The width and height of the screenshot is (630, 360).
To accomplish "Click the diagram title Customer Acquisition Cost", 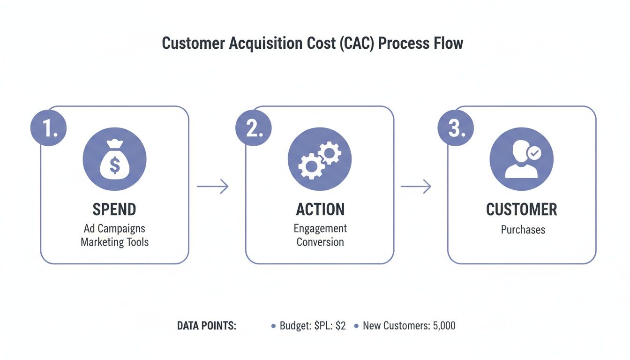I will pyautogui.click(x=312, y=43).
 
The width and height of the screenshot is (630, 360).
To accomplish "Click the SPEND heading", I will pyautogui.click(x=114, y=209).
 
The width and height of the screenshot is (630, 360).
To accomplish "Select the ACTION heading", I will pyautogui.click(x=320, y=209).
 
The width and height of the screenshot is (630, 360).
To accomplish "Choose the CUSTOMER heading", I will pyautogui.click(x=522, y=209).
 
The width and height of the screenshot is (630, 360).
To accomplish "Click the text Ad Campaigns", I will pyautogui.click(x=114, y=229).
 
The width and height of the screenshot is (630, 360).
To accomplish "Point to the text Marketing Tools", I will pyautogui.click(x=114, y=242).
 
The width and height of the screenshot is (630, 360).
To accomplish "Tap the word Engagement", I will pyautogui.click(x=320, y=228).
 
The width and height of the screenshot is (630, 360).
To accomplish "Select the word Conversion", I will pyautogui.click(x=320, y=242).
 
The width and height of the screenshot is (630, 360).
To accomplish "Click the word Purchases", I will pyautogui.click(x=523, y=230).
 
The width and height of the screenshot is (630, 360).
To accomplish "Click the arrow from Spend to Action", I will pyautogui.click(x=212, y=187).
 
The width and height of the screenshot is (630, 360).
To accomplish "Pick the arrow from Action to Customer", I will pyautogui.click(x=415, y=187).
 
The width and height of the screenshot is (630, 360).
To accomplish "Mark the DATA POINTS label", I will pyautogui.click(x=207, y=326).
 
